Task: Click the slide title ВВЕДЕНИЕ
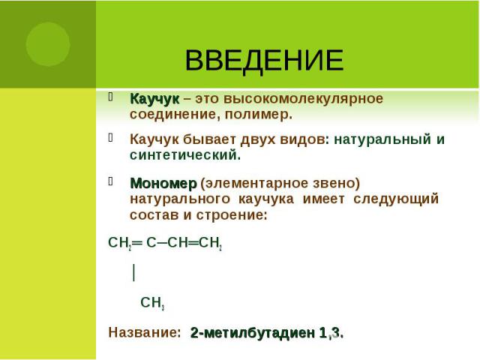tap(264, 60)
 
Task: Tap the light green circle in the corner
tap(48, 44)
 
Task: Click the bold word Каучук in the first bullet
tap(154, 99)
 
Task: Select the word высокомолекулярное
tap(303, 99)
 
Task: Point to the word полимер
tap(259, 115)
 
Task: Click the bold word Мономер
tap(163, 183)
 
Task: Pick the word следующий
tap(396, 199)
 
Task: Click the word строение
tap(232, 215)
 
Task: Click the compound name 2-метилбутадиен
tap(253, 333)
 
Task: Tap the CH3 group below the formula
tap(152, 303)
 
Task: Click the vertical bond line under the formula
tap(133, 272)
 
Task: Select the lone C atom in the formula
tap(151, 243)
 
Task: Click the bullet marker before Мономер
tap(111, 181)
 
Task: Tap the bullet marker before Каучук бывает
tap(111, 138)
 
